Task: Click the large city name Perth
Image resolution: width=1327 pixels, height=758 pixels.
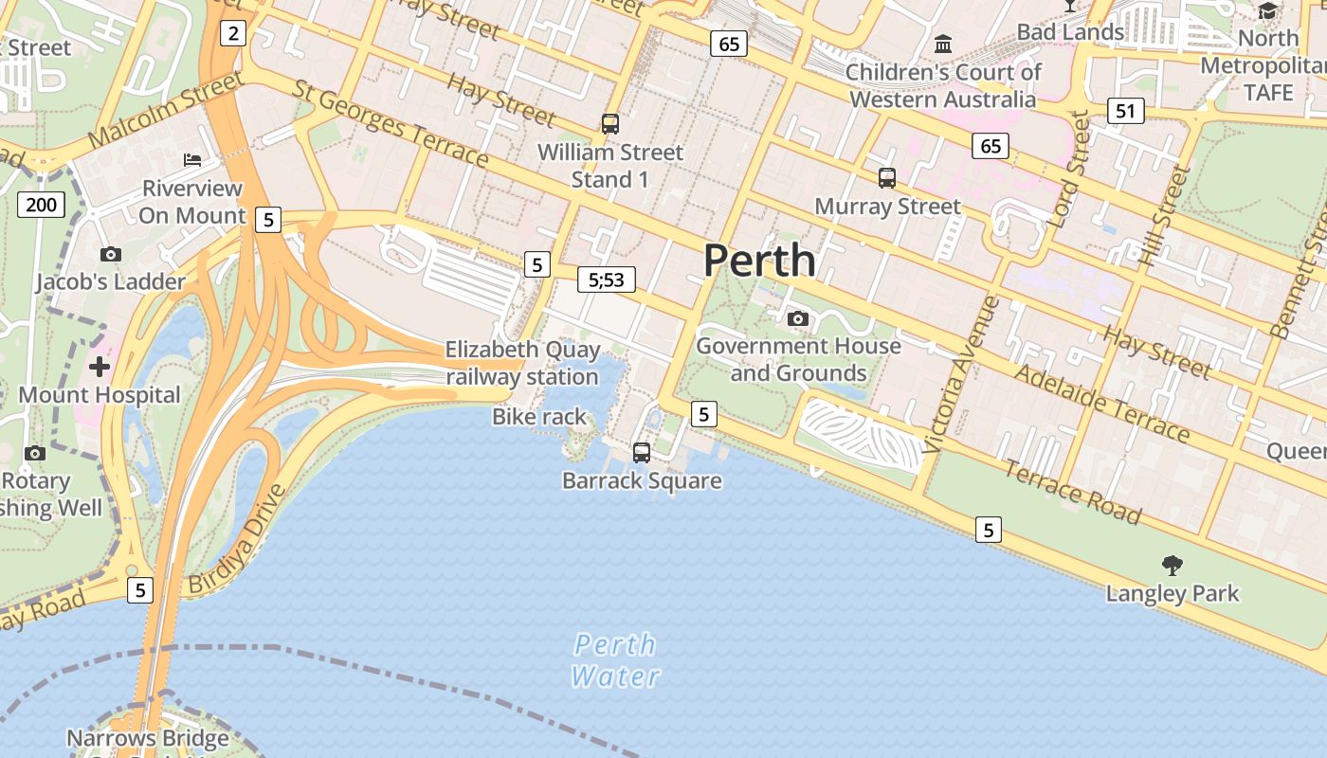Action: [759, 261]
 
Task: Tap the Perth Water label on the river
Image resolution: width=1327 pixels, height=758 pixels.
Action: [616, 660]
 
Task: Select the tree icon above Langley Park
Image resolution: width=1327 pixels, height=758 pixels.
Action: [1172, 566]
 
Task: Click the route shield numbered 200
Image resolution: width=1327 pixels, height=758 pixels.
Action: [41, 205]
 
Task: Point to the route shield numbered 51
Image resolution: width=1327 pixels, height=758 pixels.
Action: [1125, 112]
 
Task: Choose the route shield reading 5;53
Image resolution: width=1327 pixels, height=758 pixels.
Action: [607, 280]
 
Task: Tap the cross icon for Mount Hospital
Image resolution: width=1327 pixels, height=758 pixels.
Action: [100, 367]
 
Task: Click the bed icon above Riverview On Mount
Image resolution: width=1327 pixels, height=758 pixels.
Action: [192, 159]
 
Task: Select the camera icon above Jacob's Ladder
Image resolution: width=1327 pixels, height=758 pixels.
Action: [111, 254]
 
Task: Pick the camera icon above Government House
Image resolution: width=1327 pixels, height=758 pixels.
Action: [798, 318]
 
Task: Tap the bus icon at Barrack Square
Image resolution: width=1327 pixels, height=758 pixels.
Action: [642, 453]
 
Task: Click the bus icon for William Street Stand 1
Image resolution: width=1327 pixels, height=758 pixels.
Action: [610, 124]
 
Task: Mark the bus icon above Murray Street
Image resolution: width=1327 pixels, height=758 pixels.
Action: [887, 178]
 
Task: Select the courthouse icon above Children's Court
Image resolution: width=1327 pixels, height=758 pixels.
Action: [943, 44]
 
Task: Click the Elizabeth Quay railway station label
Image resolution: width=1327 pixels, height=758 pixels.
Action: [522, 363]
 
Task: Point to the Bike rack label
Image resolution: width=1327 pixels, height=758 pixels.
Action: [539, 417]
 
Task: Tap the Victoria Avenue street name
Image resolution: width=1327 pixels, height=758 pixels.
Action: [960, 374]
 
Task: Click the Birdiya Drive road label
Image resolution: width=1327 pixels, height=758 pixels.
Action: [237, 540]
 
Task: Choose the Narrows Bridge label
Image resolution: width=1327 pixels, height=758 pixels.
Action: [148, 737]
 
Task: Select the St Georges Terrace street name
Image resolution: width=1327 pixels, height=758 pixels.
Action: [391, 123]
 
